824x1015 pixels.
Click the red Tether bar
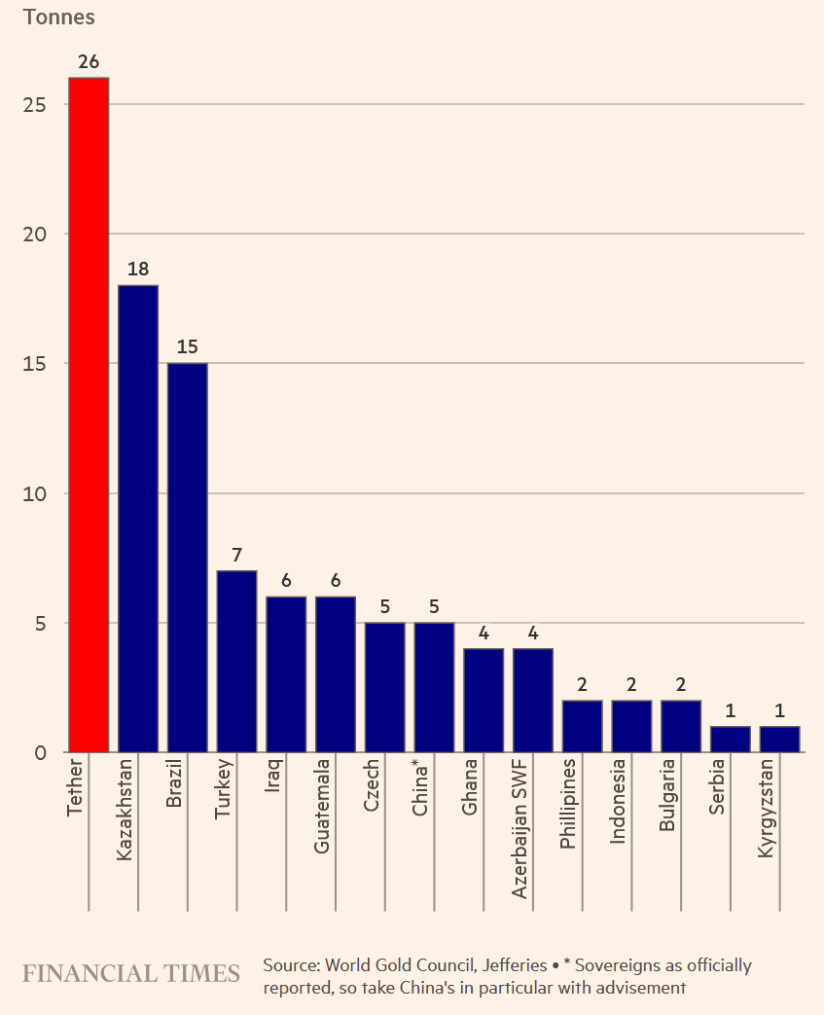pyautogui.click(x=89, y=414)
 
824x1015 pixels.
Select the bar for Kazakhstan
pyautogui.click(x=138, y=518)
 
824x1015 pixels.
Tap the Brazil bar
pyautogui.click(x=187, y=557)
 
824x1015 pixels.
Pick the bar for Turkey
pyautogui.click(x=236, y=661)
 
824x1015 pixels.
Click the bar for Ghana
pyautogui.click(x=484, y=700)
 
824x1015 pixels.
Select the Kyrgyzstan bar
pyautogui.click(x=779, y=739)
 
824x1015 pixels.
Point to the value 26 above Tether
pyautogui.click(x=89, y=62)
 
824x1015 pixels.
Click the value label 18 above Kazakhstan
pyautogui.click(x=138, y=270)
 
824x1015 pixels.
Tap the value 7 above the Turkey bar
pyautogui.click(x=236, y=556)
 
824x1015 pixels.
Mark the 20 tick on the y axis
pyautogui.click(x=36, y=235)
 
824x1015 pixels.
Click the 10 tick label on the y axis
pyautogui.click(x=36, y=494)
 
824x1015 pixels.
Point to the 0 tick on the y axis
pyautogui.click(x=41, y=753)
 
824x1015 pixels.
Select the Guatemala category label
pyautogui.click(x=322, y=806)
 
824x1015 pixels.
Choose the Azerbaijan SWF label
pyautogui.click(x=519, y=829)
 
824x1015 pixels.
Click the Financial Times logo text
pyautogui.click(x=131, y=974)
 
